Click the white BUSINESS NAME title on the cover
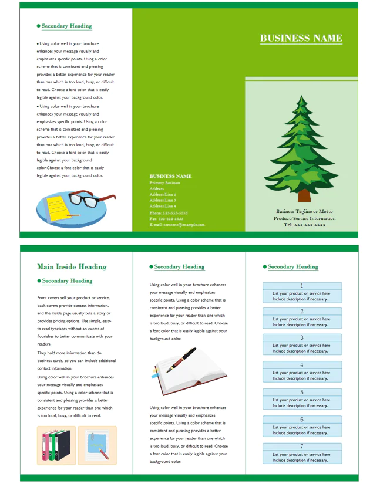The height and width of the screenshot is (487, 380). click(x=301, y=38)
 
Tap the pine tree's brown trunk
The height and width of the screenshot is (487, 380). click(x=304, y=195)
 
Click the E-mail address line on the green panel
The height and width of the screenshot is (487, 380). click(x=177, y=225)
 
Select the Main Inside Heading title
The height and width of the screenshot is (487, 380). click(x=72, y=266)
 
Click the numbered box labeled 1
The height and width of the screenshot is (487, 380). click(x=302, y=292)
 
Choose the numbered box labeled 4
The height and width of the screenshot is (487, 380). click(x=302, y=372)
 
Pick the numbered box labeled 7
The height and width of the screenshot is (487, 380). click(x=302, y=453)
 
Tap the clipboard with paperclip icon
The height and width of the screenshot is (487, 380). click(x=97, y=445)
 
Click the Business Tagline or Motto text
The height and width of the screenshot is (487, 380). click(x=304, y=211)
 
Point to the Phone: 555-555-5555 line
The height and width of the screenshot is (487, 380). click(x=169, y=212)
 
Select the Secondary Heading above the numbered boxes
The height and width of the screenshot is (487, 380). click(x=292, y=266)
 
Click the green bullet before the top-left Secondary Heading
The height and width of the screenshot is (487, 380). click(x=39, y=26)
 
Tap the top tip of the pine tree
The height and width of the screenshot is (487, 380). click(x=301, y=96)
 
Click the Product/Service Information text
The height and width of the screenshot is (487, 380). click(x=304, y=218)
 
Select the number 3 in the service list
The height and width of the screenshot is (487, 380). click(x=302, y=338)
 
